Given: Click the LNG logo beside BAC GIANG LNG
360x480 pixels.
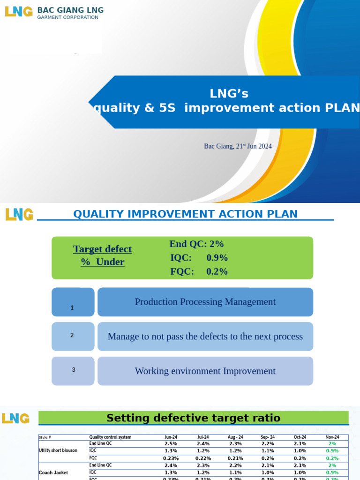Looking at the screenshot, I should click(x=18, y=12).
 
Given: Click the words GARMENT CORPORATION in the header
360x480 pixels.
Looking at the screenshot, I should click(x=67, y=18).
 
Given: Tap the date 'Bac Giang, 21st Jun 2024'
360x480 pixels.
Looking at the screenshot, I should click(x=238, y=146).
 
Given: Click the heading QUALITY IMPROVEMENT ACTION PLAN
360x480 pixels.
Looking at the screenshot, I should click(x=185, y=214).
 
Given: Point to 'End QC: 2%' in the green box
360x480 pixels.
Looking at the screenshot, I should click(x=196, y=244).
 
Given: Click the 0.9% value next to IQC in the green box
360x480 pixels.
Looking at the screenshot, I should click(x=217, y=257).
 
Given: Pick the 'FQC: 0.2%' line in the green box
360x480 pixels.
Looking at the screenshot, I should click(x=199, y=271).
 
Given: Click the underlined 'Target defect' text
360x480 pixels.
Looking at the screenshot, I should click(x=102, y=249).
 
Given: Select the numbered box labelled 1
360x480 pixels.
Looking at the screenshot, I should click(x=73, y=302).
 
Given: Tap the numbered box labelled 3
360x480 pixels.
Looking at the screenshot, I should click(x=73, y=371).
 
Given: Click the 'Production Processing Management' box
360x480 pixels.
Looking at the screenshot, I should click(x=205, y=302).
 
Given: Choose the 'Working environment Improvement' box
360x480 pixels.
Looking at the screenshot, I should click(x=205, y=371).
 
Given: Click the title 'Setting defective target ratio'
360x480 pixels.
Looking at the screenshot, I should click(x=193, y=418).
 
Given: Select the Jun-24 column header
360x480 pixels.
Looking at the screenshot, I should click(x=171, y=437).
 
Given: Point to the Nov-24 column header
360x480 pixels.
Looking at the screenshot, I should click(x=332, y=437).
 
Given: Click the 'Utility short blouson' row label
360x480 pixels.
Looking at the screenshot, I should click(x=58, y=450).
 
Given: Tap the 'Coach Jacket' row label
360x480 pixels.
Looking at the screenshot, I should click(x=54, y=472).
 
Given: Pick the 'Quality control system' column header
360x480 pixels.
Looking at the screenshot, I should click(x=110, y=437).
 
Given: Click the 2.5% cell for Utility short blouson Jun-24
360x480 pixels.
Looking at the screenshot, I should click(x=171, y=443).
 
